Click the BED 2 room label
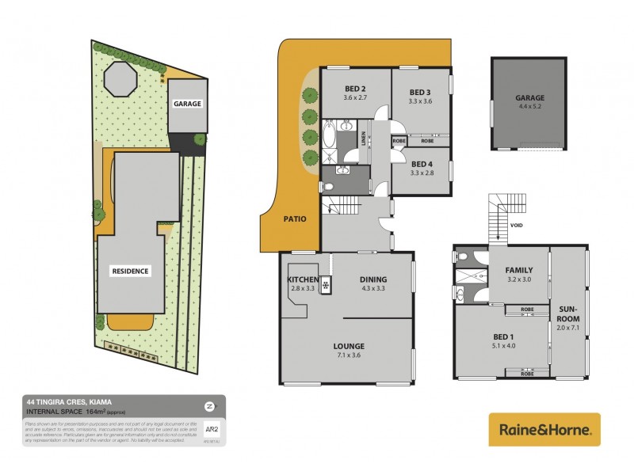coord(353,88)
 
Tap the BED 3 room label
coord(421,92)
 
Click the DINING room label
coord(372,279)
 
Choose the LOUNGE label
coord(349,346)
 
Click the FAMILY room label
coord(518,270)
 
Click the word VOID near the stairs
coord(517,226)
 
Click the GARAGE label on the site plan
coord(187,104)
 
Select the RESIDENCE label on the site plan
coord(130,271)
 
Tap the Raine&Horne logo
coord(544,430)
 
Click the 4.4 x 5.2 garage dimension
coord(530,106)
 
